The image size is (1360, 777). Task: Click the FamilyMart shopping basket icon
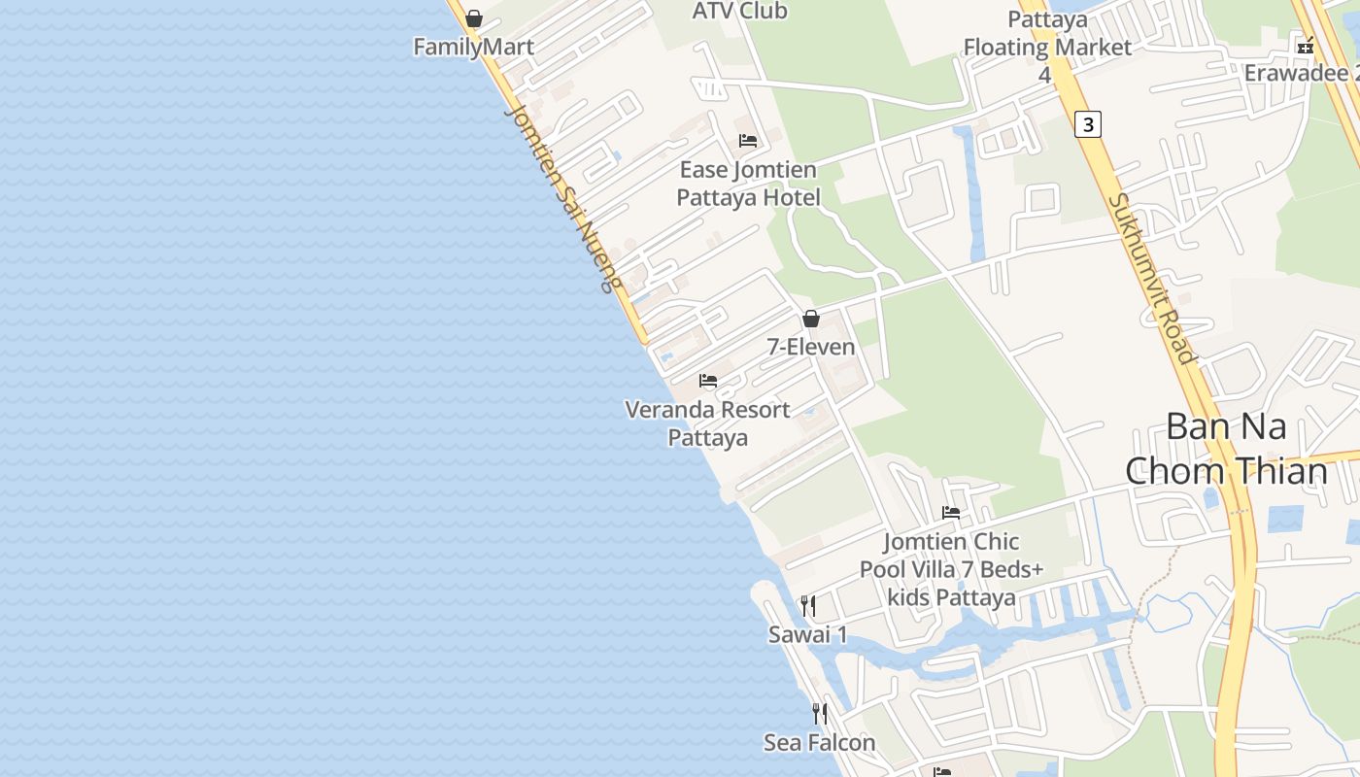click(x=474, y=18)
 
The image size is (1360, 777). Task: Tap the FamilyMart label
click(x=473, y=47)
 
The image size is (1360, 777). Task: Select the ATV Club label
click(x=739, y=11)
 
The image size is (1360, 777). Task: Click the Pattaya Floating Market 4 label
click(x=1047, y=47)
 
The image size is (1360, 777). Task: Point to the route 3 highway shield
click(x=1088, y=124)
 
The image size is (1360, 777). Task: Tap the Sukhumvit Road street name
click(x=1152, y=279)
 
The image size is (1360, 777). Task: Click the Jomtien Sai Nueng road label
click(x=562, y=199)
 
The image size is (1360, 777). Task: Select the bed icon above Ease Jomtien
click(x=747, y=141)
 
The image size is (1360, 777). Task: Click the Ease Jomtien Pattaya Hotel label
click(x=748, y=184)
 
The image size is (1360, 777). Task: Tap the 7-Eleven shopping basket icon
click(x=811, y=319)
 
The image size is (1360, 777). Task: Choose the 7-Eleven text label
click(x=811, y=347)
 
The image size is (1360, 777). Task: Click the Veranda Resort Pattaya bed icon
click(x=708, y=381)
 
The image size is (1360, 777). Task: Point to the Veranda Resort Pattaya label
click(x=707, y=423)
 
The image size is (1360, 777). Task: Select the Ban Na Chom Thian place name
click(x=1226, y=449)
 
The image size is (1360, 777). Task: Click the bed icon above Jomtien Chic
click(x=951, y=513)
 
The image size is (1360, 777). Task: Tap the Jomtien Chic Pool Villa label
click(x=951, y=569)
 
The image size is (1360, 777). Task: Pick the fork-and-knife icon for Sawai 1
click(x=808, y=606)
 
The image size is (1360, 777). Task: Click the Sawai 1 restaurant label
click(x=808, y=635)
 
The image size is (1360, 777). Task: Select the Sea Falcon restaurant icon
click(x=820, y=714)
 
